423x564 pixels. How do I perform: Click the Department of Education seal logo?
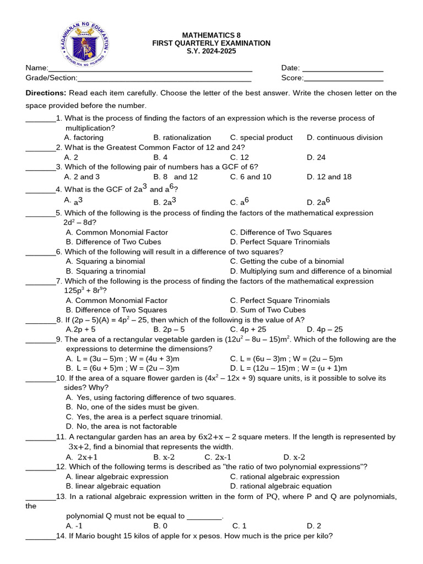pos(84,43)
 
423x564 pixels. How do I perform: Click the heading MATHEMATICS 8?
pos(211,34)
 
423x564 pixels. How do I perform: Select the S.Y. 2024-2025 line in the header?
pos(211,52)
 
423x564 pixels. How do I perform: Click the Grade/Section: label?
pos(51,78)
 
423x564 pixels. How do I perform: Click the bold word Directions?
pos(46,93)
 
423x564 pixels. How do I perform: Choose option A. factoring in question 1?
pos(84,137)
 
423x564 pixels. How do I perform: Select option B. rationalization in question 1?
pos(182,137)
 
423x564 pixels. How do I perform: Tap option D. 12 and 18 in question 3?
pos(329,177)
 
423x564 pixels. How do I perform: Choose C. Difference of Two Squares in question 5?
pos(281,232)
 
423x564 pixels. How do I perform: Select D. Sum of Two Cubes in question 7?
pos(268,310)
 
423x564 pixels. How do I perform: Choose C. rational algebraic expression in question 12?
pos(285,476)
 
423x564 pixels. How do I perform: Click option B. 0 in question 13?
pos(160,525)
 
